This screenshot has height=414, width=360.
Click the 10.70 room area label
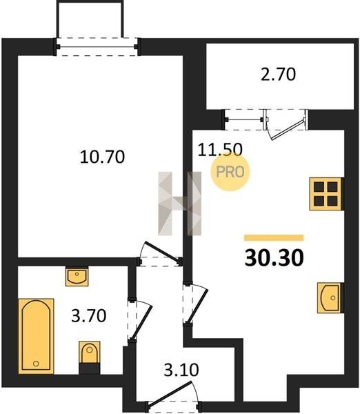click(102, 157)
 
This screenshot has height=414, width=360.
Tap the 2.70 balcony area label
click(278, 75)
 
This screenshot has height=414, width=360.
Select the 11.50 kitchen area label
click(220, 150)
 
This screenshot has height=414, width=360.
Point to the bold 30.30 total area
click(274, 258)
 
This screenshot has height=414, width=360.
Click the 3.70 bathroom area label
click(89, 315)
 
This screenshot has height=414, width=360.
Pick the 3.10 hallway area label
click(181, 370)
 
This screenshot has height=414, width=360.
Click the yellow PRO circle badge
click(230, 172)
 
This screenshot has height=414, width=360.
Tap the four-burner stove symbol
click(326, 194)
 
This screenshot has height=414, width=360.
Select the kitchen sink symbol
click(330, 298)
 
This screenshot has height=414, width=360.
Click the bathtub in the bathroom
click(36, 336)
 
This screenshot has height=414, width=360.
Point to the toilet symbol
click(90, 357)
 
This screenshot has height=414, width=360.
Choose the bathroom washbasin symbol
click(77, 277)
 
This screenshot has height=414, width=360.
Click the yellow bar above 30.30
click(274, 237)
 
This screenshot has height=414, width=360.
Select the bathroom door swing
click(140, 320)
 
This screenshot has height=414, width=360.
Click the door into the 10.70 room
click(160, 254)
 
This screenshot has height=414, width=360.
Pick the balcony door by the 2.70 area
click(286, 124)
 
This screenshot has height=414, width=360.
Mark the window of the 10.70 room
click(97, 47)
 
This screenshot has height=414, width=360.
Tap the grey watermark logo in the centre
click(180, 204)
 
